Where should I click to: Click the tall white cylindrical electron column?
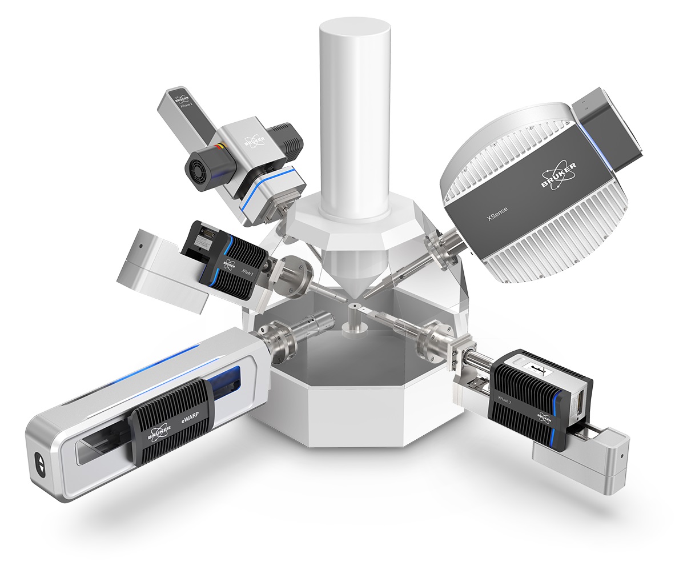click(x=355, y=114)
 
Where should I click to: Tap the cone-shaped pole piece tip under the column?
click(x=355, y=286)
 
